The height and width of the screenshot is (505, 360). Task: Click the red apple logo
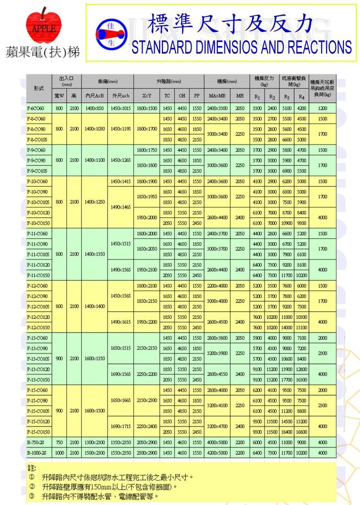(43, 26)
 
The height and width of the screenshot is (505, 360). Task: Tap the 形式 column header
(38, 88)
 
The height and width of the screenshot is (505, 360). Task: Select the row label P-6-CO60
(37, 108)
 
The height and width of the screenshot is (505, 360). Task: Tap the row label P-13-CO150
(38, 379)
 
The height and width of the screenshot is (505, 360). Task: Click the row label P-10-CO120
(38, 212)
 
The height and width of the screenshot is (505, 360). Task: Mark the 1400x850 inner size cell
(94, 108)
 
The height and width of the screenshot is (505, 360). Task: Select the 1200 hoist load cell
(322, 108)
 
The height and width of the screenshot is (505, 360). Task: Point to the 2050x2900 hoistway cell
(147, 441)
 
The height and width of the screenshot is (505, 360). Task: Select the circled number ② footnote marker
(32, 486)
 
